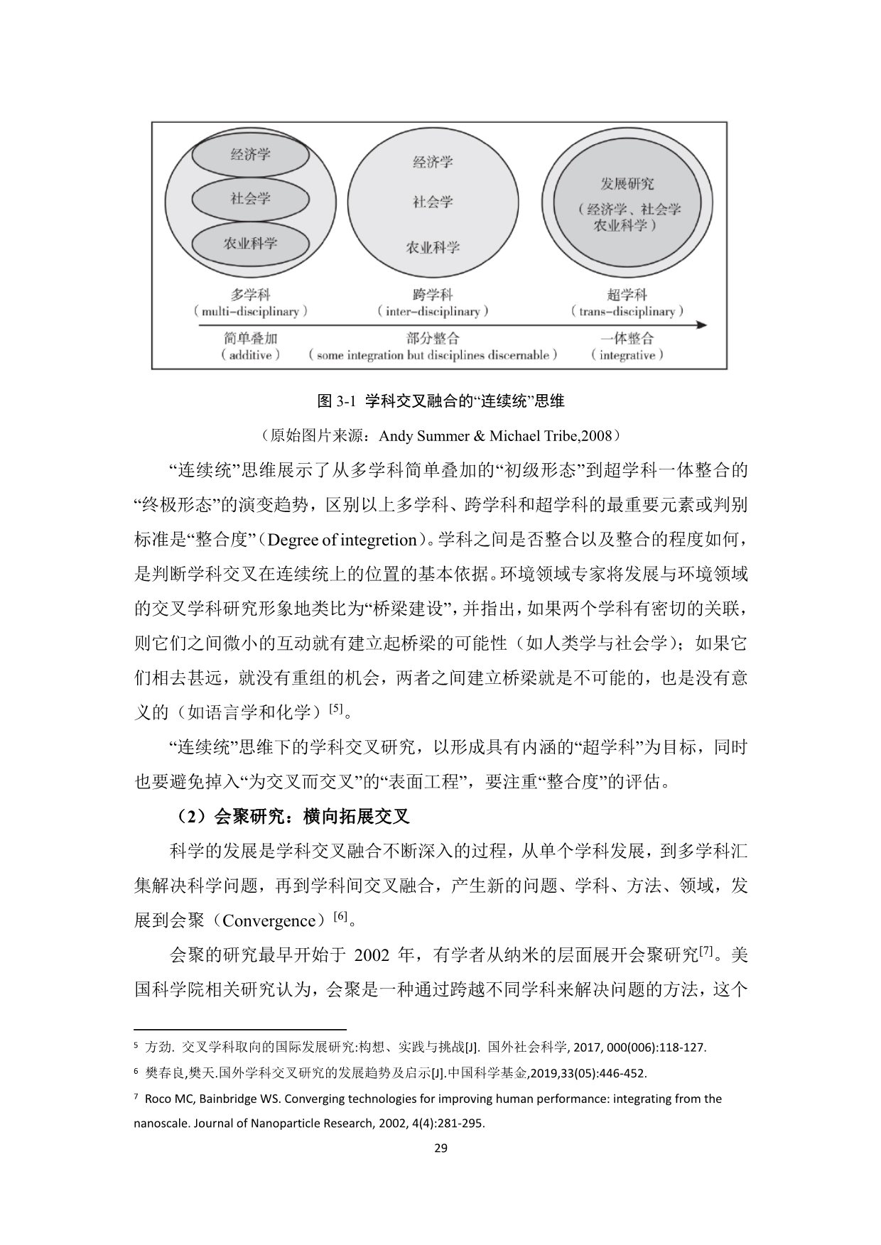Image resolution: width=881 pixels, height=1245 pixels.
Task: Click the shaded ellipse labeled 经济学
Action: tap(250, 154)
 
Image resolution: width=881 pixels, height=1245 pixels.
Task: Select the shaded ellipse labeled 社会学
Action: tap(250, 199)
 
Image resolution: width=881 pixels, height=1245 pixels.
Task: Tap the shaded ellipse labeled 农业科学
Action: tap(250, 244)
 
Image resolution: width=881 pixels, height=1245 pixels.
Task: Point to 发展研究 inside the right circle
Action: tap(627, 184)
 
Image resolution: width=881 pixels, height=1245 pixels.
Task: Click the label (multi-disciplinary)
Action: tap(250, 312)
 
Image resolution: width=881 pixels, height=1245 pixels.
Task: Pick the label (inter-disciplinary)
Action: tap(433, 312)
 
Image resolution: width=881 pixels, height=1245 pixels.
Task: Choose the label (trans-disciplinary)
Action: tap(627, 312)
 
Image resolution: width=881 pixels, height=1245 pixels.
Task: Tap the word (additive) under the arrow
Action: tap(250, 355)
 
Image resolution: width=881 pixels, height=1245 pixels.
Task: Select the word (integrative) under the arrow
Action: tap(627, 355)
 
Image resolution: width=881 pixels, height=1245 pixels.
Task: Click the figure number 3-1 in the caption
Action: tap(345, 401)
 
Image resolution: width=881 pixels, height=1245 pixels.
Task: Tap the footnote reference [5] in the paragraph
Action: tap(335, 708)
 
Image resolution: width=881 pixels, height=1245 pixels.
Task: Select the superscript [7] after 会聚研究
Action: tap(706, 951)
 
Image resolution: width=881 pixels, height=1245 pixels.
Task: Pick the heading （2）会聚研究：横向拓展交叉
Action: tap(290, 817)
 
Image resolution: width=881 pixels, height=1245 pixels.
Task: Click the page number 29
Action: tap(440, 1148)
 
